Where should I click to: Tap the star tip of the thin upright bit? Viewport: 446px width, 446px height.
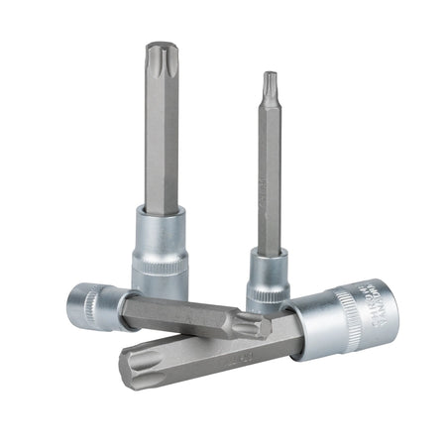269,78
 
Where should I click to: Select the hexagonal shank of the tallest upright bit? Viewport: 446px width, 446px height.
161,139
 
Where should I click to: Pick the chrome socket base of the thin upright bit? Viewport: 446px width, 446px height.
268,282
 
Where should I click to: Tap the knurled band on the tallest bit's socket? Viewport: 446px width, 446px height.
160,267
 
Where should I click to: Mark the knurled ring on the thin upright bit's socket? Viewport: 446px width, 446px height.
267,294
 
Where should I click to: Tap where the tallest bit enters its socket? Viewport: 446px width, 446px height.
161,210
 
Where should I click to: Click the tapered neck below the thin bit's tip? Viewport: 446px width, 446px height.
269,102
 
